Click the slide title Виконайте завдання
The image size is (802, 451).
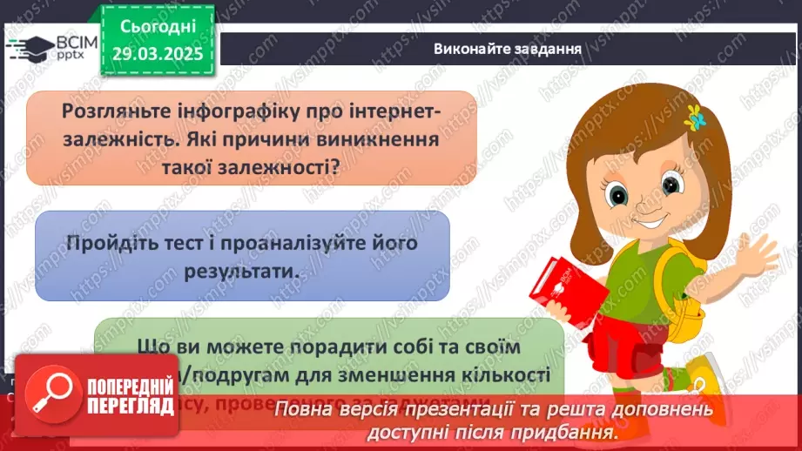508,47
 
